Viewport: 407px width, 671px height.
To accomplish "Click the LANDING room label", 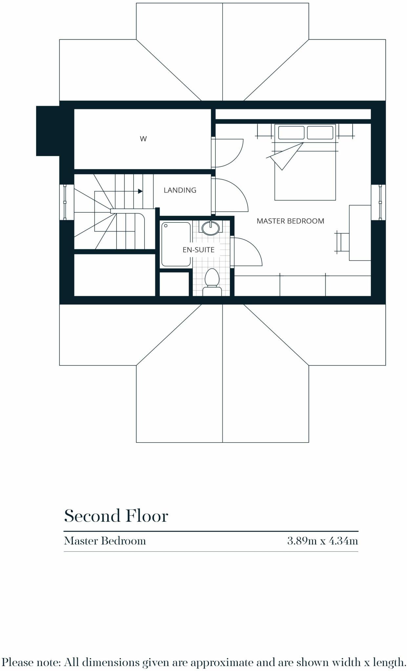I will click(180, 190).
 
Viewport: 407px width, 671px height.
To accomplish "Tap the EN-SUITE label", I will click(198, 250).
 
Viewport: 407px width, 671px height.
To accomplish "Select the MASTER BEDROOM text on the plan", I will click(290, 221).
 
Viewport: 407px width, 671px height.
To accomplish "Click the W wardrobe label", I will click(143, 139).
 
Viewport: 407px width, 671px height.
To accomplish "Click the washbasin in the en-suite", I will click(210, 228).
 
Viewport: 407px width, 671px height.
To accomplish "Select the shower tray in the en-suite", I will click(176, 244).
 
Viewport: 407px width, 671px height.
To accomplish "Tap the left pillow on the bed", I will click(291, 132).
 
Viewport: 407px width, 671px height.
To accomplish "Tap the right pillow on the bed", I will click(320, 132).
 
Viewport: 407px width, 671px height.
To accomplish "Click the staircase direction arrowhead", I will click(140, 191).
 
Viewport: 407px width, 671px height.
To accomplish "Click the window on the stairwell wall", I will click(65, 202).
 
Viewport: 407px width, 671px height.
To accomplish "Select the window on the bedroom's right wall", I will click(380, 202).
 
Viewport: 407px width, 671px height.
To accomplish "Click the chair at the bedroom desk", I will click(342, 242).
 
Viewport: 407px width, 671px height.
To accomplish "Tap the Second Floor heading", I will click(116, 516).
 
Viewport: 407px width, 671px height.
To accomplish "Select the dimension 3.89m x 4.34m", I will click(322, 541).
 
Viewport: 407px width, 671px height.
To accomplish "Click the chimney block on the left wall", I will click(48, 131).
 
